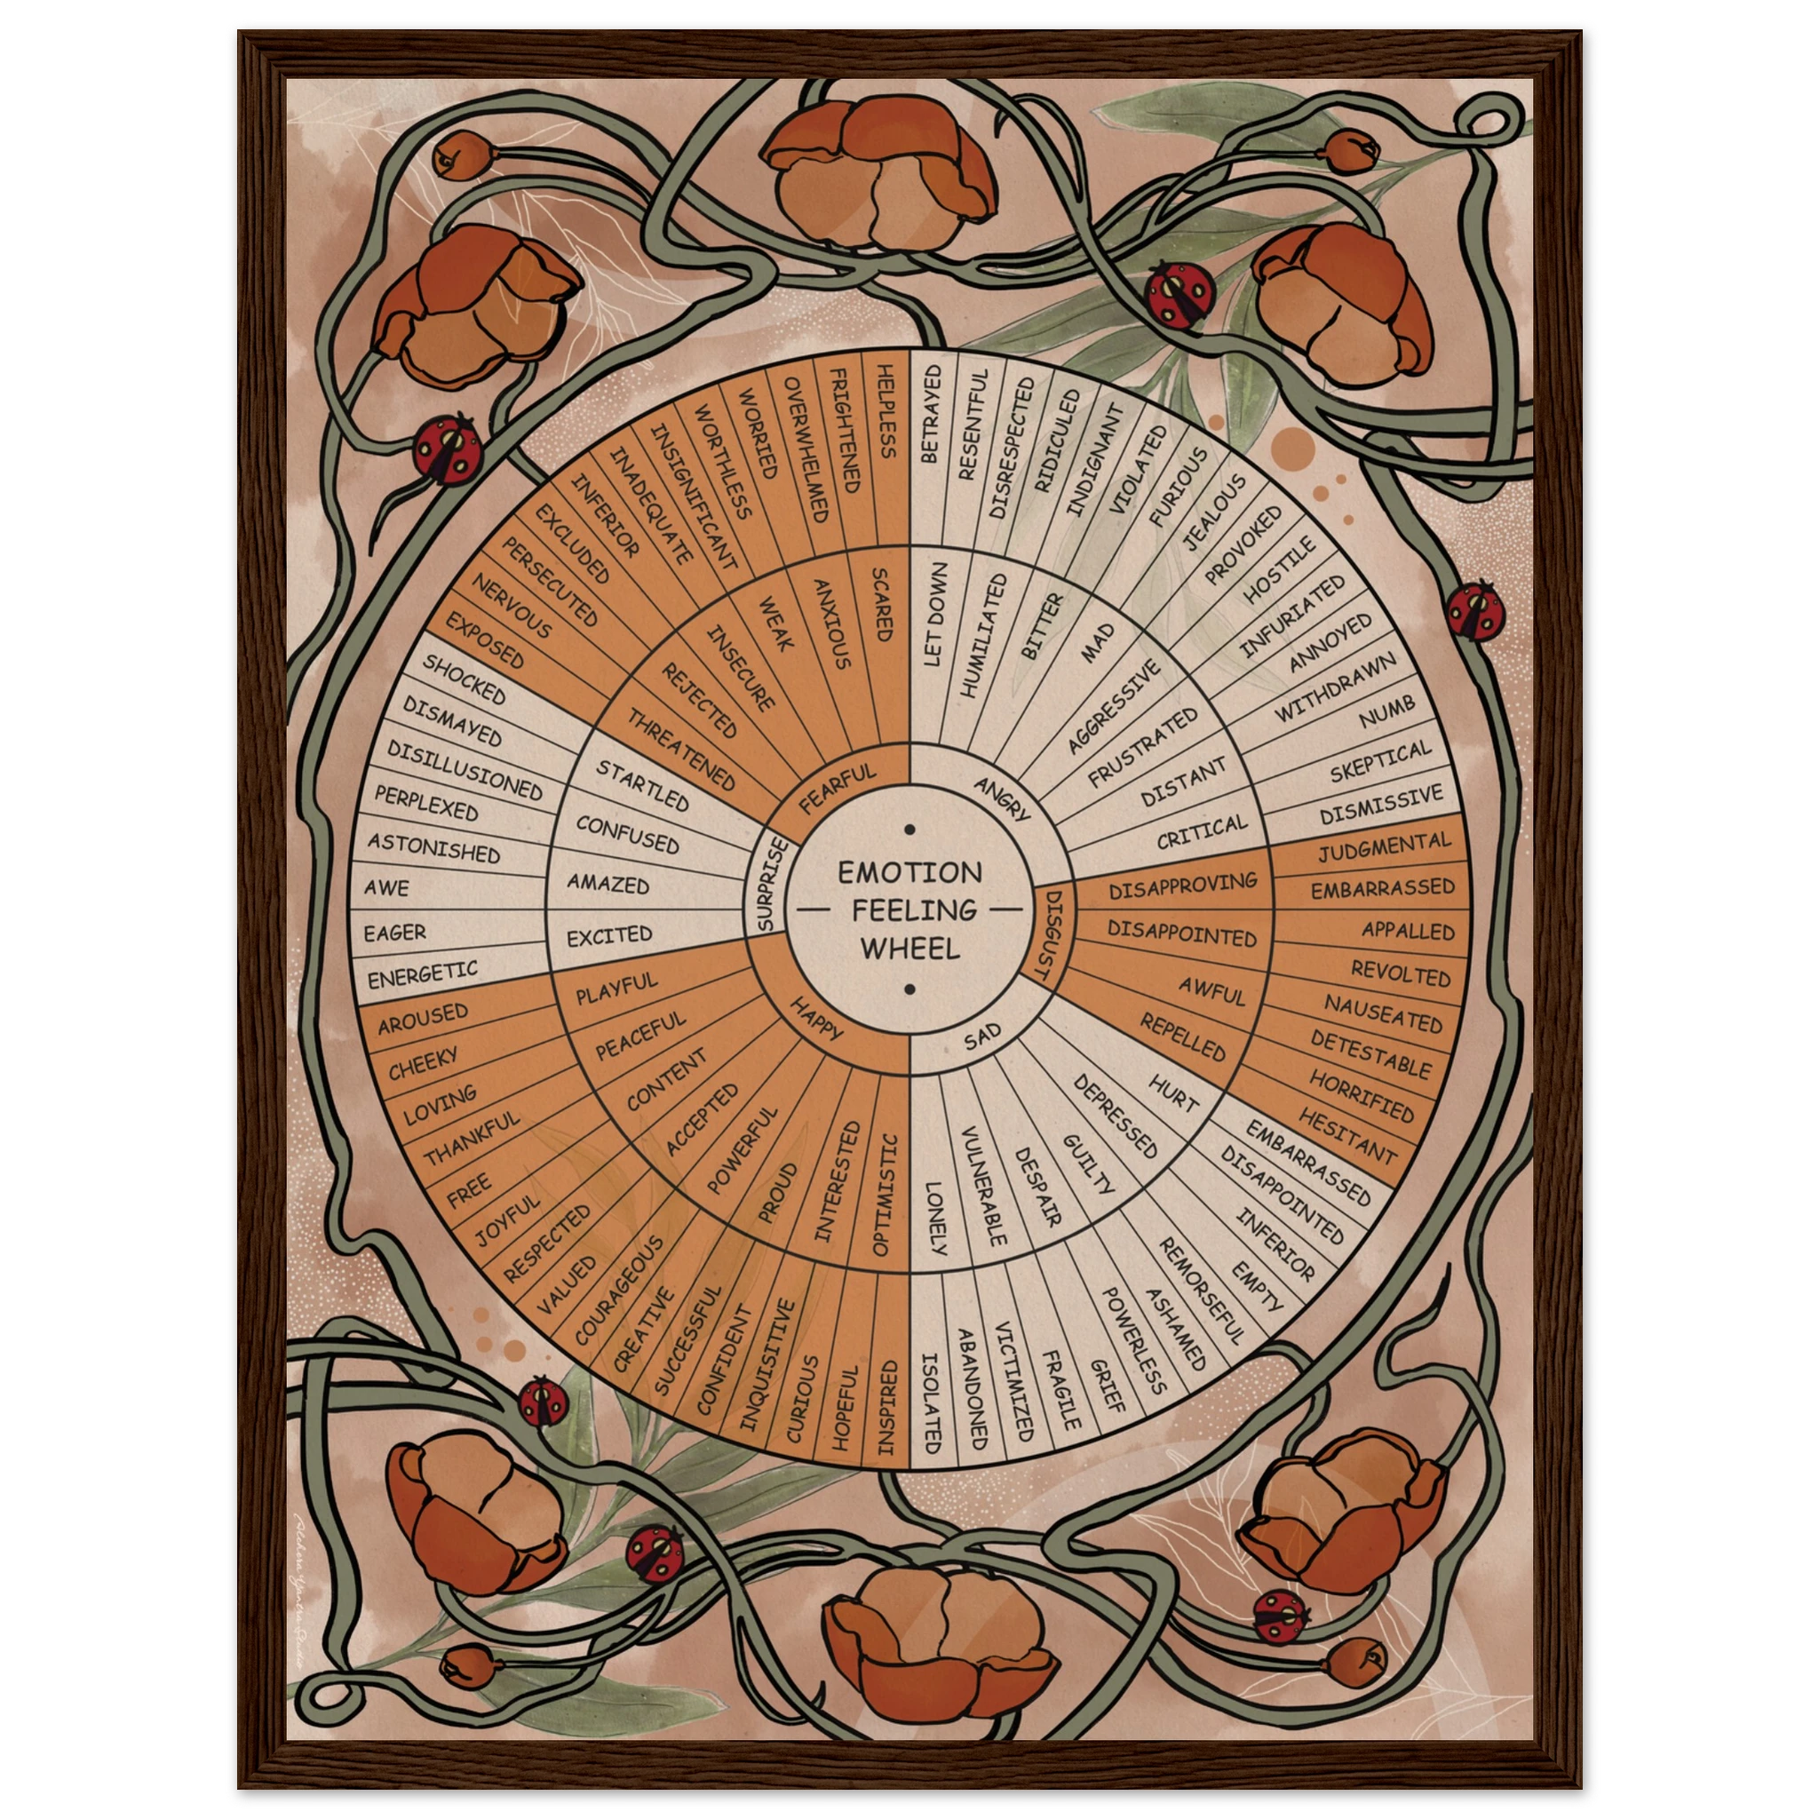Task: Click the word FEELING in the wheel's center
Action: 909,909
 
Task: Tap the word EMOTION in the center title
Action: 909,872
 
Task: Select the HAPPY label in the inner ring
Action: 815,1019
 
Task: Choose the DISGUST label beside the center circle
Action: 1050,933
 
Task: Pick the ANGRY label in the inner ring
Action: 1002,798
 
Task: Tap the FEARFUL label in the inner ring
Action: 837,788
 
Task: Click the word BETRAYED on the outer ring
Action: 930,414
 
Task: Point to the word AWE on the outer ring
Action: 387,887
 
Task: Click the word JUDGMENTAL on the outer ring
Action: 1384,847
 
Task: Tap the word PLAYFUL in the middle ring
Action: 616,989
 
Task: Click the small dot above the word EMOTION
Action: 909,830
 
